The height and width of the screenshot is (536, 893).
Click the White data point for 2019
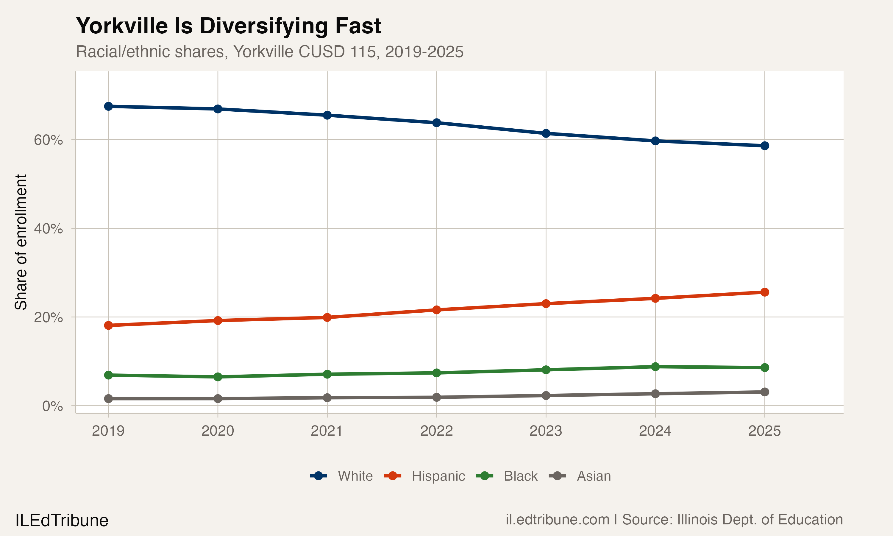coord(108,106)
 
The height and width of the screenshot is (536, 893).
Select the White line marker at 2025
coord(764,146)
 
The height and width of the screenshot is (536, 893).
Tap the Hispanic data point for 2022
coord(436,309)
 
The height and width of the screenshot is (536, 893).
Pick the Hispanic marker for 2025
coord(764,292)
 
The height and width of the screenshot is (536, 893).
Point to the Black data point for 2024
coord(655,367)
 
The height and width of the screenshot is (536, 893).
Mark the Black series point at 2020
coord(218,377)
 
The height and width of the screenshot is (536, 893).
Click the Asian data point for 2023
coord(546,395)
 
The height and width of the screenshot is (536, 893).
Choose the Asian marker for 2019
coord(108,398)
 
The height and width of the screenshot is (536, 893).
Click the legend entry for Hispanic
coord(438,476)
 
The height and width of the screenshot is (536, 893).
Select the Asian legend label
coord(594,476)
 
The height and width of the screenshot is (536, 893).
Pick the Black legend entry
coord(520,476)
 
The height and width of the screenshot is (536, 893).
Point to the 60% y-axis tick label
coord(48,140)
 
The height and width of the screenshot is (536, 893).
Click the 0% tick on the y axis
coord(52,406)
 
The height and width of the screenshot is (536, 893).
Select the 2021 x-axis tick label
coord(327,431)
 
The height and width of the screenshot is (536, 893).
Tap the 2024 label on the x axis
coord(655,431)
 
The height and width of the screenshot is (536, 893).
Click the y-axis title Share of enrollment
coord(21,242)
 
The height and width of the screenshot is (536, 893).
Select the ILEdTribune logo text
coord(62,521)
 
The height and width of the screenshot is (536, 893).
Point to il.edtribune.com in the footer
coord(557,520)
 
